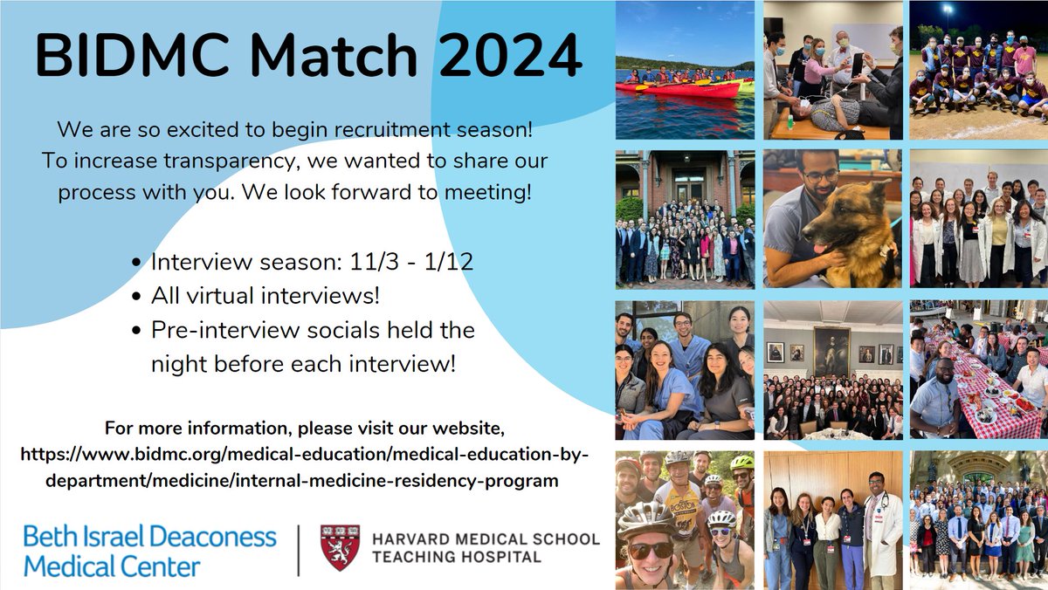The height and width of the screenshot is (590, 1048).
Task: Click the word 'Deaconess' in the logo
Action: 213,536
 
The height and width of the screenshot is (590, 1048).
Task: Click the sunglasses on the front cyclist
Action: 647,550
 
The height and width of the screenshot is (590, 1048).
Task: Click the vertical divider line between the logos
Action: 299,550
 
